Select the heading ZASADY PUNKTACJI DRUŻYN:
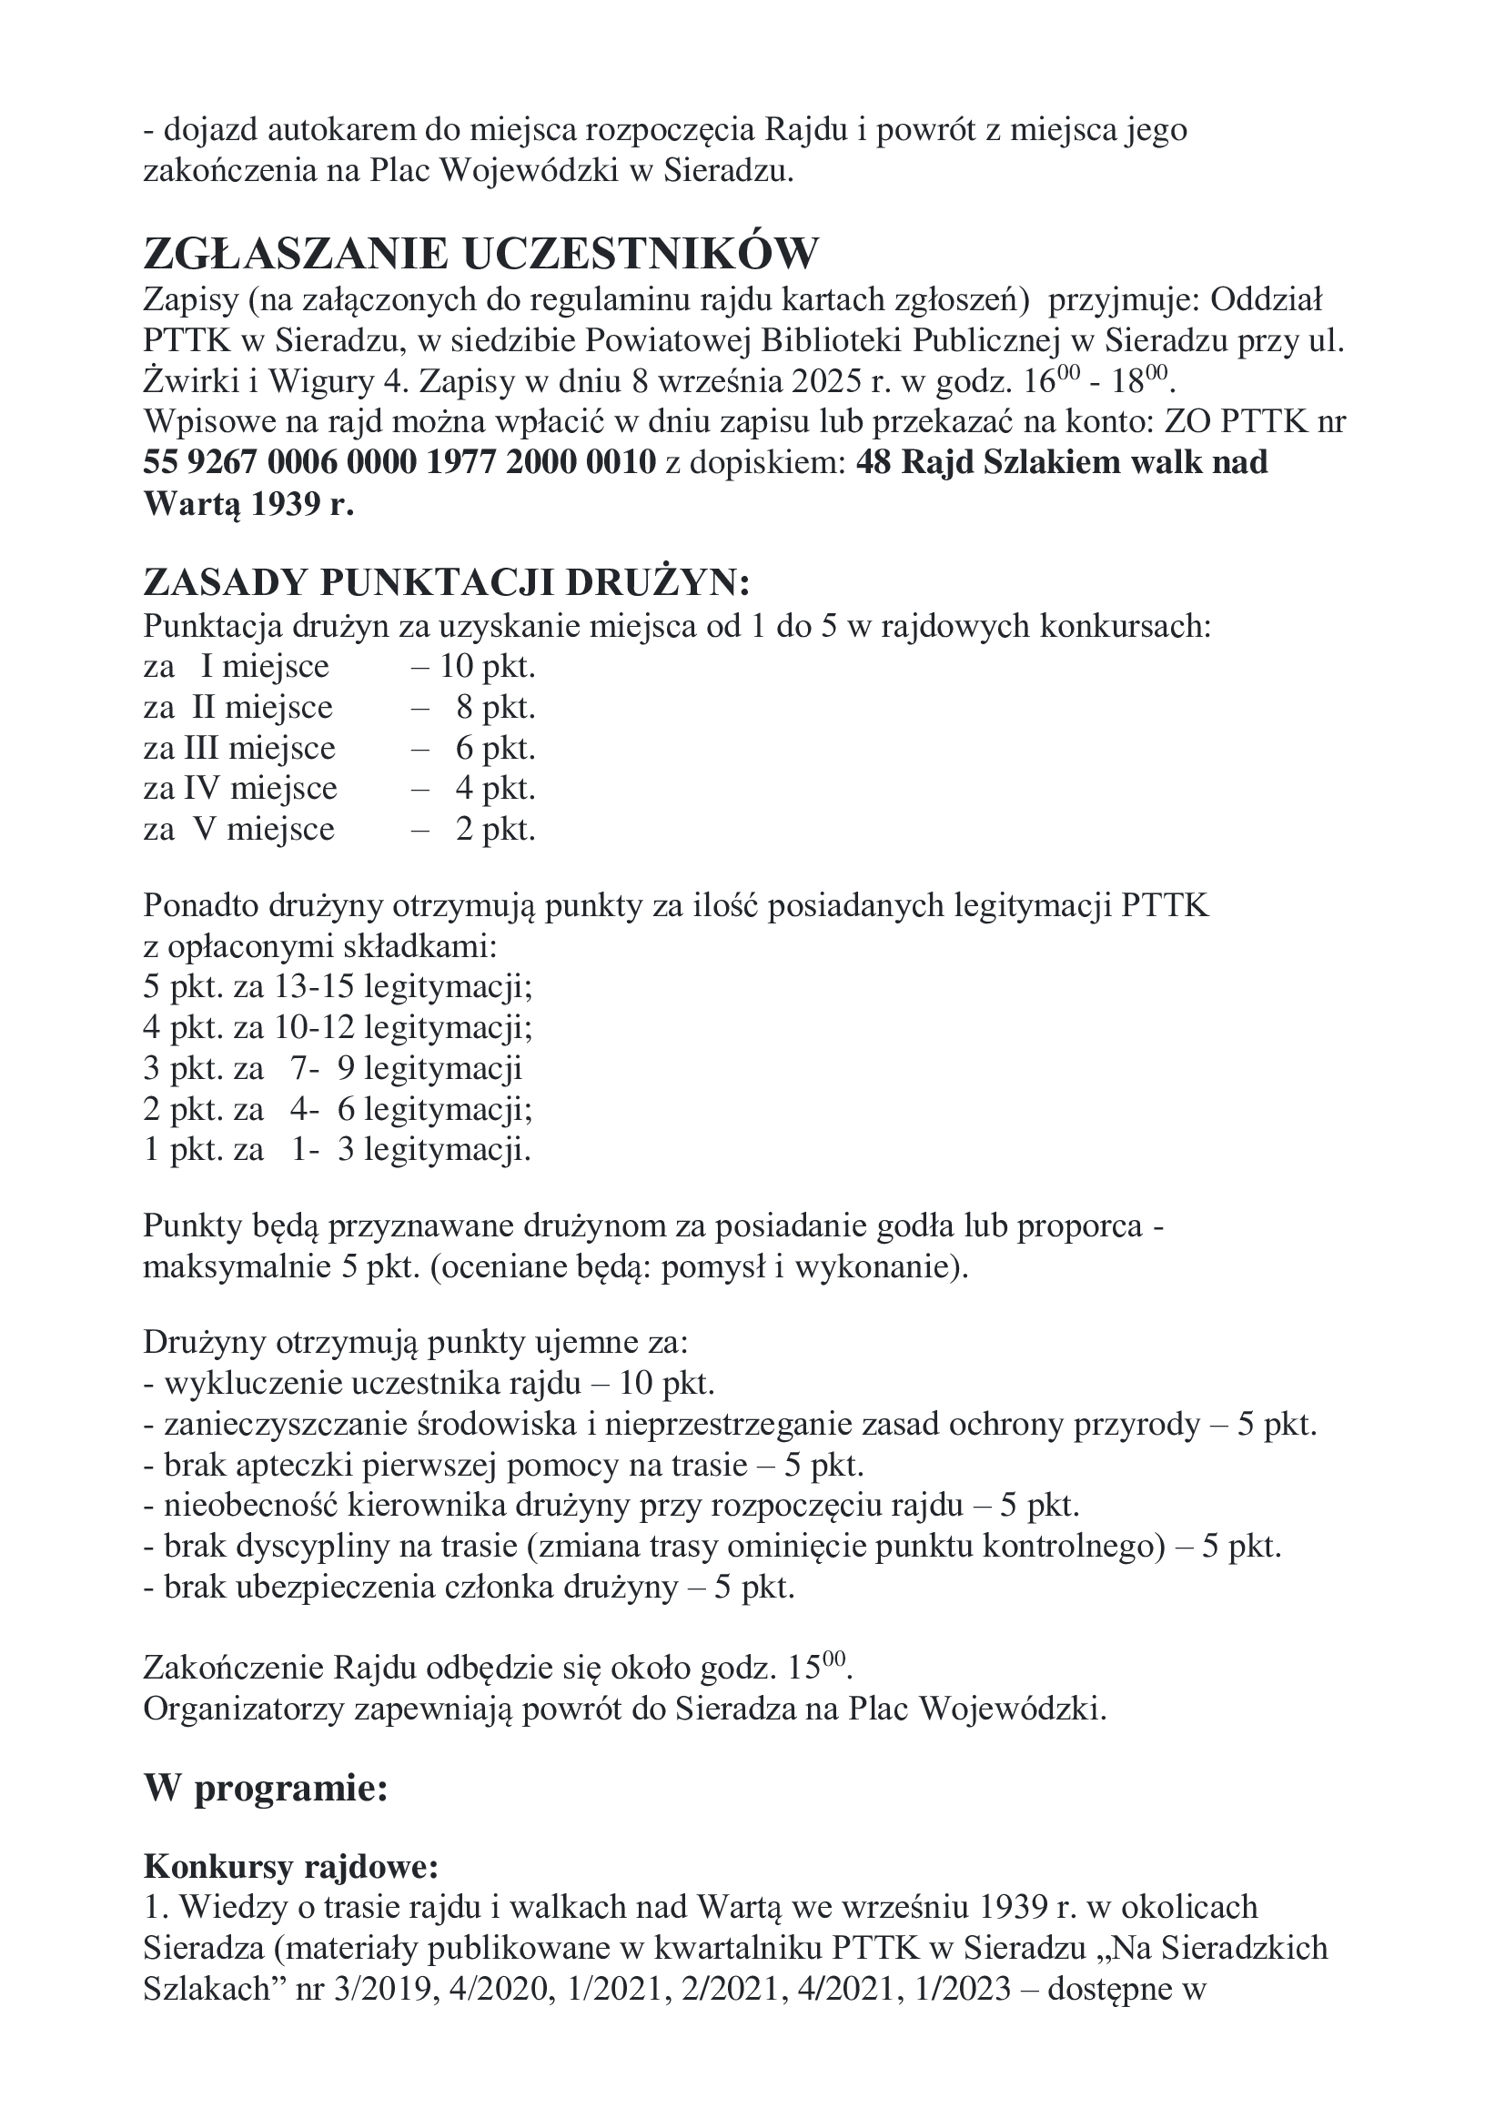446,583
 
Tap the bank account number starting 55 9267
399,461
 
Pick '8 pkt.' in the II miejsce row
496,707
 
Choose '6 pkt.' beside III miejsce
496,748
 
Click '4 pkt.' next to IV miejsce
496,789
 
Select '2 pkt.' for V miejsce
496,830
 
